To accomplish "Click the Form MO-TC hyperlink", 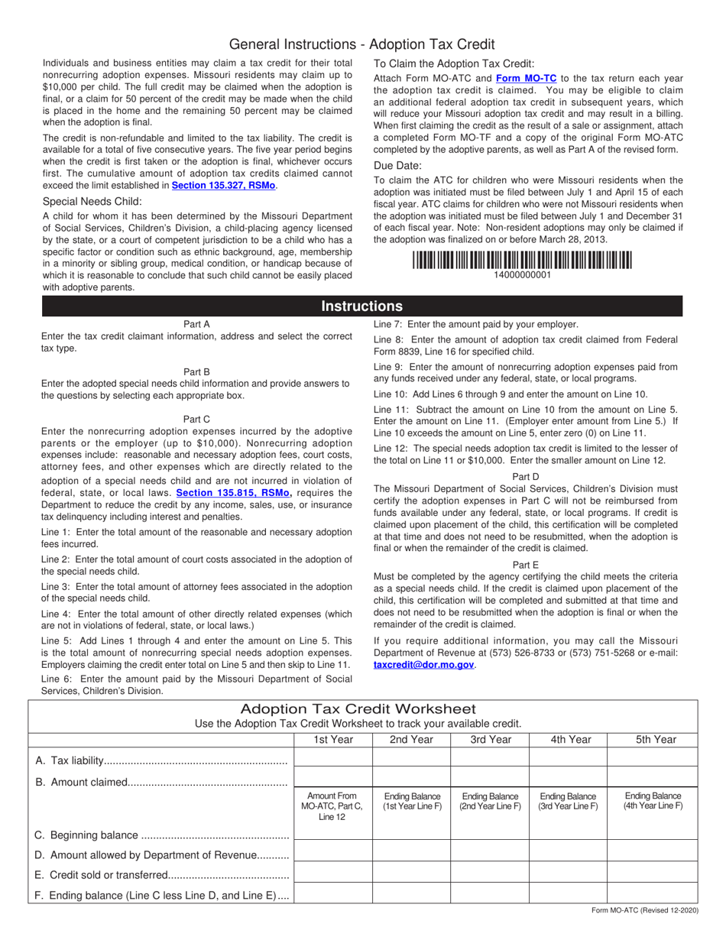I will click(527, 78).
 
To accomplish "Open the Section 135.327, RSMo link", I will click(223, 186).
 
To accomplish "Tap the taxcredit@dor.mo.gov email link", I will click(424, 665).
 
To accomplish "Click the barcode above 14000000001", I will click(523, 260).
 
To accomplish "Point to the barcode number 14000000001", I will click(523, 275).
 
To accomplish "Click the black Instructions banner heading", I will click(361, 306).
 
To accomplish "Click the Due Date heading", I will click(397, 165).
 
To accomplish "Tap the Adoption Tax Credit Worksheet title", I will click(358, 709).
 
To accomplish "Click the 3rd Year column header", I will click(491, 739).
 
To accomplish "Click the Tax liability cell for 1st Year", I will click(332, 757).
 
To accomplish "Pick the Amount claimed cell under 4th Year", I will click(568, 777).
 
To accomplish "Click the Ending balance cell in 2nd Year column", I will click(411, 893).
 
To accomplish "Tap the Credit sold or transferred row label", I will click(162, 875).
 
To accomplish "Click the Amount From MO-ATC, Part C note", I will click(332, 806).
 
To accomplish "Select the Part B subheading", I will click(196, 372).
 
